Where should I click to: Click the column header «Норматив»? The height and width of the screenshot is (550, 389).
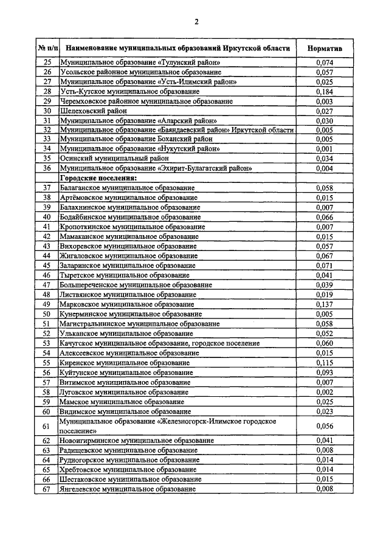(325, 47)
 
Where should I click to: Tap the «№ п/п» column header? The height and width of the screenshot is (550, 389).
(47, 47)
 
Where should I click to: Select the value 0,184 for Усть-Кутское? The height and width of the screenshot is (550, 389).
(325, 91)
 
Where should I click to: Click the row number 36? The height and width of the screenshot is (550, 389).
(47, 168)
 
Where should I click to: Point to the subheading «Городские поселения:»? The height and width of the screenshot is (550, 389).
(98, 178)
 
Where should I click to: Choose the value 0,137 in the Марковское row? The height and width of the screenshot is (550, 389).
(325, 304)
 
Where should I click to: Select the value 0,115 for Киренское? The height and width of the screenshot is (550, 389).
(325, 362)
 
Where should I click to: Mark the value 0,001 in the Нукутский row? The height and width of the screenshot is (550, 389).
(325, 149)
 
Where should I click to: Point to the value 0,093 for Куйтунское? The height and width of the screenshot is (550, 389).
(325, 372)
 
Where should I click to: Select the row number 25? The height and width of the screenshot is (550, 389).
(47, 62)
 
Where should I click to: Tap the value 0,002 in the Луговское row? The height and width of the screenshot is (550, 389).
(325, 392)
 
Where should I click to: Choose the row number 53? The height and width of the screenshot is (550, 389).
(47, 343)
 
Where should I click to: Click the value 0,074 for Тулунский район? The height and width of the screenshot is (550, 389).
(325, 62)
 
